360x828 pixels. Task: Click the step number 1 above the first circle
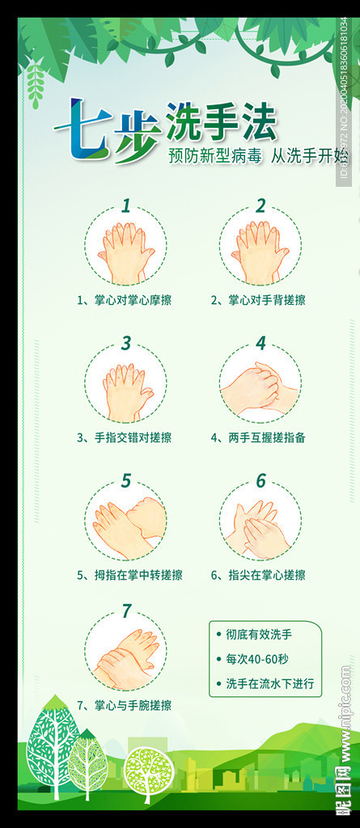click(125, 205)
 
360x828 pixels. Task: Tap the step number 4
click(260, 343)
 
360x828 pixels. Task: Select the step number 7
click(125, 610)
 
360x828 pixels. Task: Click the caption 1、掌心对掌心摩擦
click(124, 300)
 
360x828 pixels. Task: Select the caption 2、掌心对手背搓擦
click(258, 300)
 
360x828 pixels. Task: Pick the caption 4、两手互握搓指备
click(258, 437)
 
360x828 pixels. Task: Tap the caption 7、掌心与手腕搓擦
click(124, 705)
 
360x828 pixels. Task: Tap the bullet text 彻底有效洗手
click(259, 635)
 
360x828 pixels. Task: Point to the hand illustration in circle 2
click(260, 252)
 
